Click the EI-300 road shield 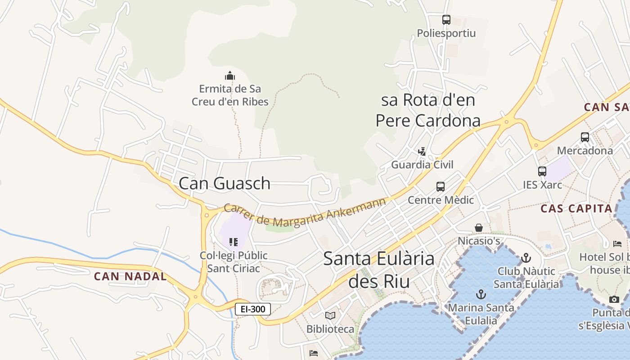[x=253, y=309]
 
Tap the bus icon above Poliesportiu [x=446, y=20]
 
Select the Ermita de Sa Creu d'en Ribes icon [x=230, y=76]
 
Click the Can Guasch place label [x=225, y=183]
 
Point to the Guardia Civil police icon [x=422, y=151]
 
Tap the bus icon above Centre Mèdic [x=441, y=186]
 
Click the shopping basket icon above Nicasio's [x=479, y=228]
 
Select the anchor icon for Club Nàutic [x=526, y=258]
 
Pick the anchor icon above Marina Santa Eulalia [x=481, y=294]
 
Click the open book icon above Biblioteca [x=330, y=315]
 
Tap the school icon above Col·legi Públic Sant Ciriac [x=233, y=242]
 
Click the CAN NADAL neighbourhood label [x=130, y=276]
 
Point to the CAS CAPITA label [x=576, y=208]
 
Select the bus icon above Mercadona [x=585, y=137]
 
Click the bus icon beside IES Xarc [x=542, y=171]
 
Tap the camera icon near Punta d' [x=614, y=299]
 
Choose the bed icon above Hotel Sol [x=617, y=244]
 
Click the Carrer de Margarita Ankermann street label [x=305, y=213]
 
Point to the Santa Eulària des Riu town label [x=379, y=270]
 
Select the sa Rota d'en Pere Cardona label [x=428, y=110]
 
